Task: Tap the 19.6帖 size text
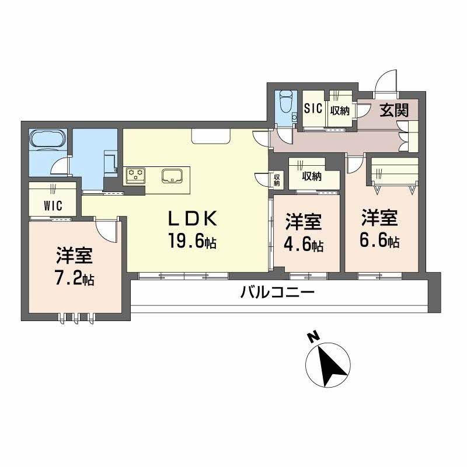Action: coord(193,241)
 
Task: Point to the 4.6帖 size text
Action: coord(304,245)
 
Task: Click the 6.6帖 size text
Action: coord(379,240)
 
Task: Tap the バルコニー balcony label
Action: coord(278,292)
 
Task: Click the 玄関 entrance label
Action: coord(394,110)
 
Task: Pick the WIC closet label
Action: coord(53,205)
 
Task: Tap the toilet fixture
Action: coord(286,103)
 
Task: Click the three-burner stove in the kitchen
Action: coord(137,174)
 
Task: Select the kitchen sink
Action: coord(173,175)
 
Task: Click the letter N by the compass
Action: coord(313,337)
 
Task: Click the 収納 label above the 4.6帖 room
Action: coord(312,176)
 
